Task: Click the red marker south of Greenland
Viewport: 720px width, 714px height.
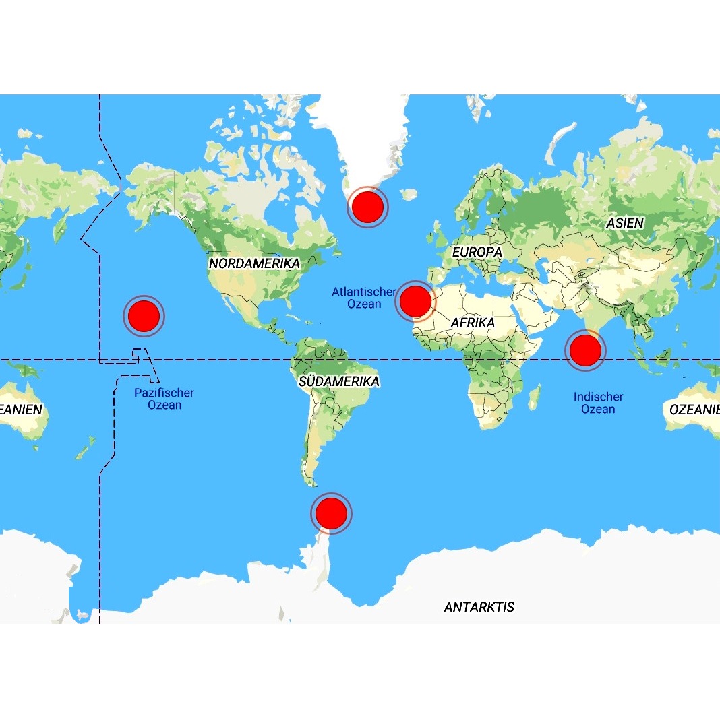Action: [x=367, y=207]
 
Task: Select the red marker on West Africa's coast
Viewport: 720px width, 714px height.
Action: [x=415, y=301]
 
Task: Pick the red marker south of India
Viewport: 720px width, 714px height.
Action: [x=584, y=350]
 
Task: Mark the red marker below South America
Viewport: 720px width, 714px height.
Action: [x=331, y=513]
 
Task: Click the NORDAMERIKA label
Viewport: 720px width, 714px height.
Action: [x=254, y=263]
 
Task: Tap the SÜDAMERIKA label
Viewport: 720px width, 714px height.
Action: [x=339, y=381]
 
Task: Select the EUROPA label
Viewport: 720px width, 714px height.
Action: [x=477, y=251]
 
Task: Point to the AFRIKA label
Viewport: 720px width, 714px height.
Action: [x=473, y=323]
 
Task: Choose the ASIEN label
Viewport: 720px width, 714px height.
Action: [x=625, y=222]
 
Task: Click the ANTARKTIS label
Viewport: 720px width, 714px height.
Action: [x=479, y=607]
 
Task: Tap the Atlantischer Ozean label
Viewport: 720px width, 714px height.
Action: [x=363, y=298]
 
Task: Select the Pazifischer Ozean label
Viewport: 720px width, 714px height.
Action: [x=164, y=399]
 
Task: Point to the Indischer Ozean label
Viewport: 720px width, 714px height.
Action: [x=598, y=403]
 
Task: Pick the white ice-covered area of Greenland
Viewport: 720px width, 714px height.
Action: [x=364, y=135]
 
